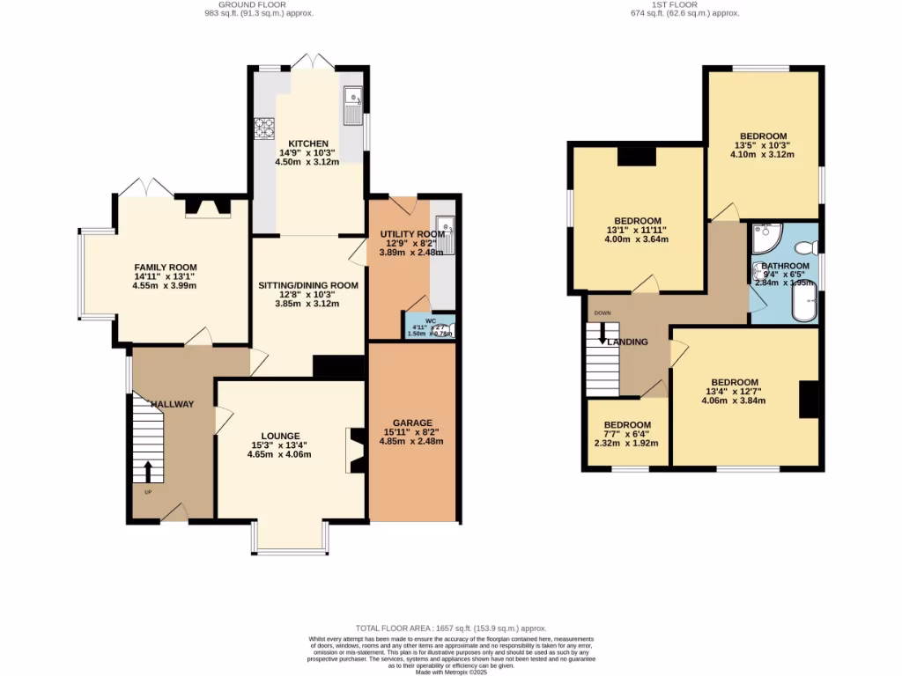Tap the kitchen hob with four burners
coord(264,129)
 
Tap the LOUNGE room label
coord(280,436)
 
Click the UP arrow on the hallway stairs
coord(147,470)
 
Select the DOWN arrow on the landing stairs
coord(603,333)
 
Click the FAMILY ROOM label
coord(165,268)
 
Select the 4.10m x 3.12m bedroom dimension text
coord(763,155)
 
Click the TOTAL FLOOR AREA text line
coord(451,628)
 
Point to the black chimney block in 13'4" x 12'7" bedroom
coord(809,400)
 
